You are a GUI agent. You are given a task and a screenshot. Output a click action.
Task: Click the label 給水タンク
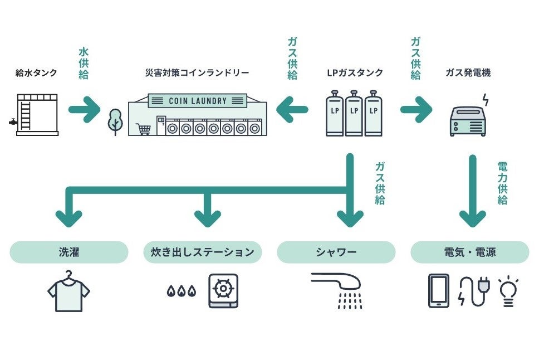36,72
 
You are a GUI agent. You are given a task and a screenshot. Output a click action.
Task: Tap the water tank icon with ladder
37,115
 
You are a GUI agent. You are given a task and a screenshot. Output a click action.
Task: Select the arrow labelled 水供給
83,109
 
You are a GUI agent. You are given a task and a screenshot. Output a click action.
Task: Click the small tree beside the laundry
115,121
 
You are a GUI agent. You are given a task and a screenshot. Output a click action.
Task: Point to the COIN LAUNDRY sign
198,101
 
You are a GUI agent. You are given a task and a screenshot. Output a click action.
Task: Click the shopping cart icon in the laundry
144,129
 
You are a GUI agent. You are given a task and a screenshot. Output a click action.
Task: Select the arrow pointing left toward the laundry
292,109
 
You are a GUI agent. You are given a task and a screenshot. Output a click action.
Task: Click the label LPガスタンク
355,72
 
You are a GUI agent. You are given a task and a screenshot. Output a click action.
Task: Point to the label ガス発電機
468,72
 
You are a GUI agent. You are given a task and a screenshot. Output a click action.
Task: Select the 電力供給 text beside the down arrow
502,183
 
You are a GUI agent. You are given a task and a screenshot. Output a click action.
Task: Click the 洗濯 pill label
69,252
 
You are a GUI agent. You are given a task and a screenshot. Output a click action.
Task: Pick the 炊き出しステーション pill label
203,252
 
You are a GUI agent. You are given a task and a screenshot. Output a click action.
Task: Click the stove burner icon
223,290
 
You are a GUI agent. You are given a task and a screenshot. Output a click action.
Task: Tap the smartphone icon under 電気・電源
439,290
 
